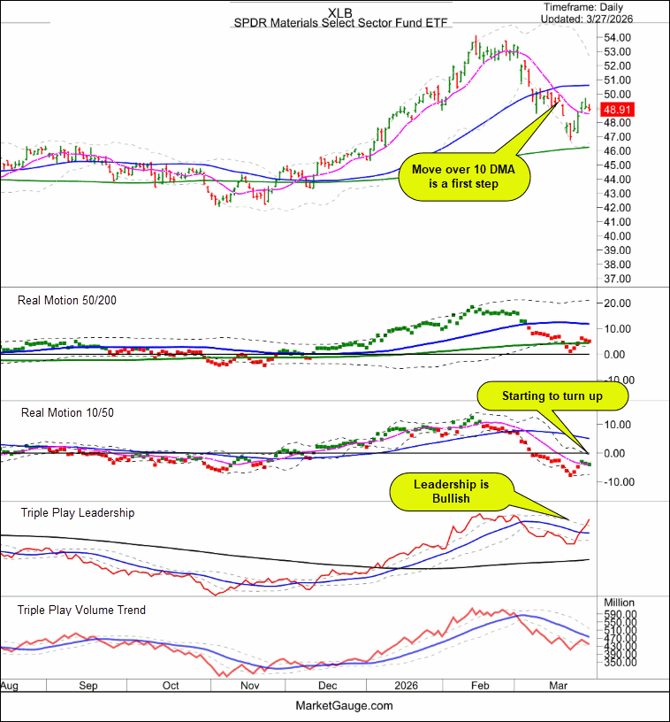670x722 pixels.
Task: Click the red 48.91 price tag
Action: pyautogui.click(x=613, y=110)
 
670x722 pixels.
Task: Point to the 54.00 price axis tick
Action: pyautogui.click(x=618, y=38)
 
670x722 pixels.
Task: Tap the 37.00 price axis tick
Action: pyautogui.click(x=618, y=279)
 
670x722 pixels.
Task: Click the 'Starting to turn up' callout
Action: pyautogui.click(x=552, y=396)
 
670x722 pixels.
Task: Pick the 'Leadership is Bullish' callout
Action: pyautogui.click(x=450, y=492)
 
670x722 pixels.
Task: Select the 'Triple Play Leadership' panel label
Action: pyautogui.click(x=77, y=512)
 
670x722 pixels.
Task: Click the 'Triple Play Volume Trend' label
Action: pyautogui.click(x=83, y=610)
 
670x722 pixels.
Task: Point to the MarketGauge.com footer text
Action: pyautogui.click(x=343, y=705)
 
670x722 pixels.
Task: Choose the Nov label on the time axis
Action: pyautogui.click(x=250, y=686)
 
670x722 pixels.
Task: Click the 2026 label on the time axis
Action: pyautogui.click(x=404, y=686)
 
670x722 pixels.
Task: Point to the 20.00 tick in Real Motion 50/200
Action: pyautogui.click(x=615, y=303)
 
